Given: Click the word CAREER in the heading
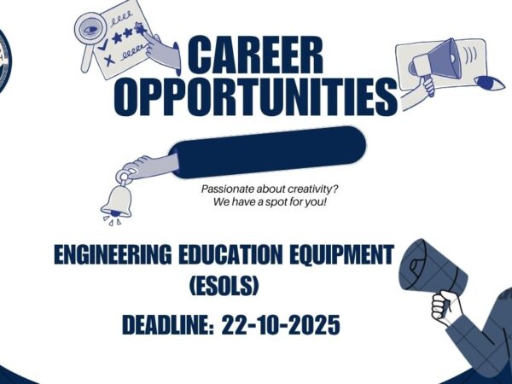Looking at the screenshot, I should (x=256, y=57).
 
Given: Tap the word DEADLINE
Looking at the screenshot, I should (x=166, y=326).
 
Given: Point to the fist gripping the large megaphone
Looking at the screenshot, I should (x=442, y=304).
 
